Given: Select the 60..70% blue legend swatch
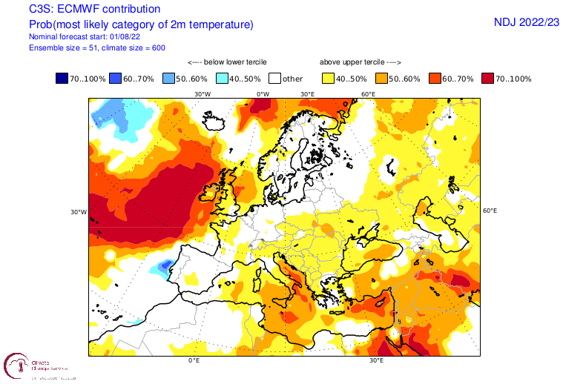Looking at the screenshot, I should point(116,78).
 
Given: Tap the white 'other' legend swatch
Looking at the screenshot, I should point(277,78).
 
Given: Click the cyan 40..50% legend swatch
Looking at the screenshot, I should point(223,78).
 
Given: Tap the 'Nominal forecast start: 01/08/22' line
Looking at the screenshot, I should point(85,36).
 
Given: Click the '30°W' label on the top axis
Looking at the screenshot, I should point(202,94).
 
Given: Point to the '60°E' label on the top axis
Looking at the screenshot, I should point(368,94).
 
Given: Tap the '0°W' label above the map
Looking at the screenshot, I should point(263,94).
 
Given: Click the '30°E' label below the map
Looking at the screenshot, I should point(376,360).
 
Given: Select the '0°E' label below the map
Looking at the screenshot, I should point(194,360).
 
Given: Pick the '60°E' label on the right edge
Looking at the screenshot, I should point(490,211).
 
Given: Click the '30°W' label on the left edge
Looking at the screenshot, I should point(79,212).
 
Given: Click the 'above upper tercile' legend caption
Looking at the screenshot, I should point(360,63).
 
